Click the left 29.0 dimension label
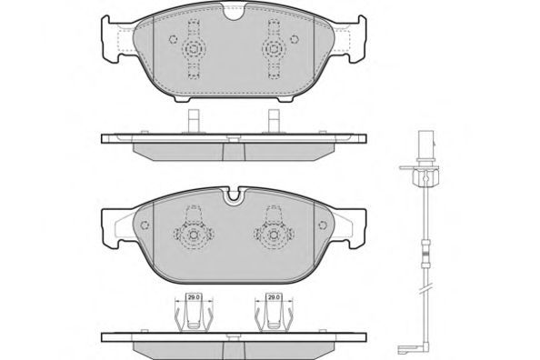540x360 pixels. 195,296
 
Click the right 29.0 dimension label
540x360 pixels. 274,296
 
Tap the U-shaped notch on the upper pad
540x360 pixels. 233,13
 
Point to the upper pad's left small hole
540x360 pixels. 173,39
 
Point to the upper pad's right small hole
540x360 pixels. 294,39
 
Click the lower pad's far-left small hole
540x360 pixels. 145,225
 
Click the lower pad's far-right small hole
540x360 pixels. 323,225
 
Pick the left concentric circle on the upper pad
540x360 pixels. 194,49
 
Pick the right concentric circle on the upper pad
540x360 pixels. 274,49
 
